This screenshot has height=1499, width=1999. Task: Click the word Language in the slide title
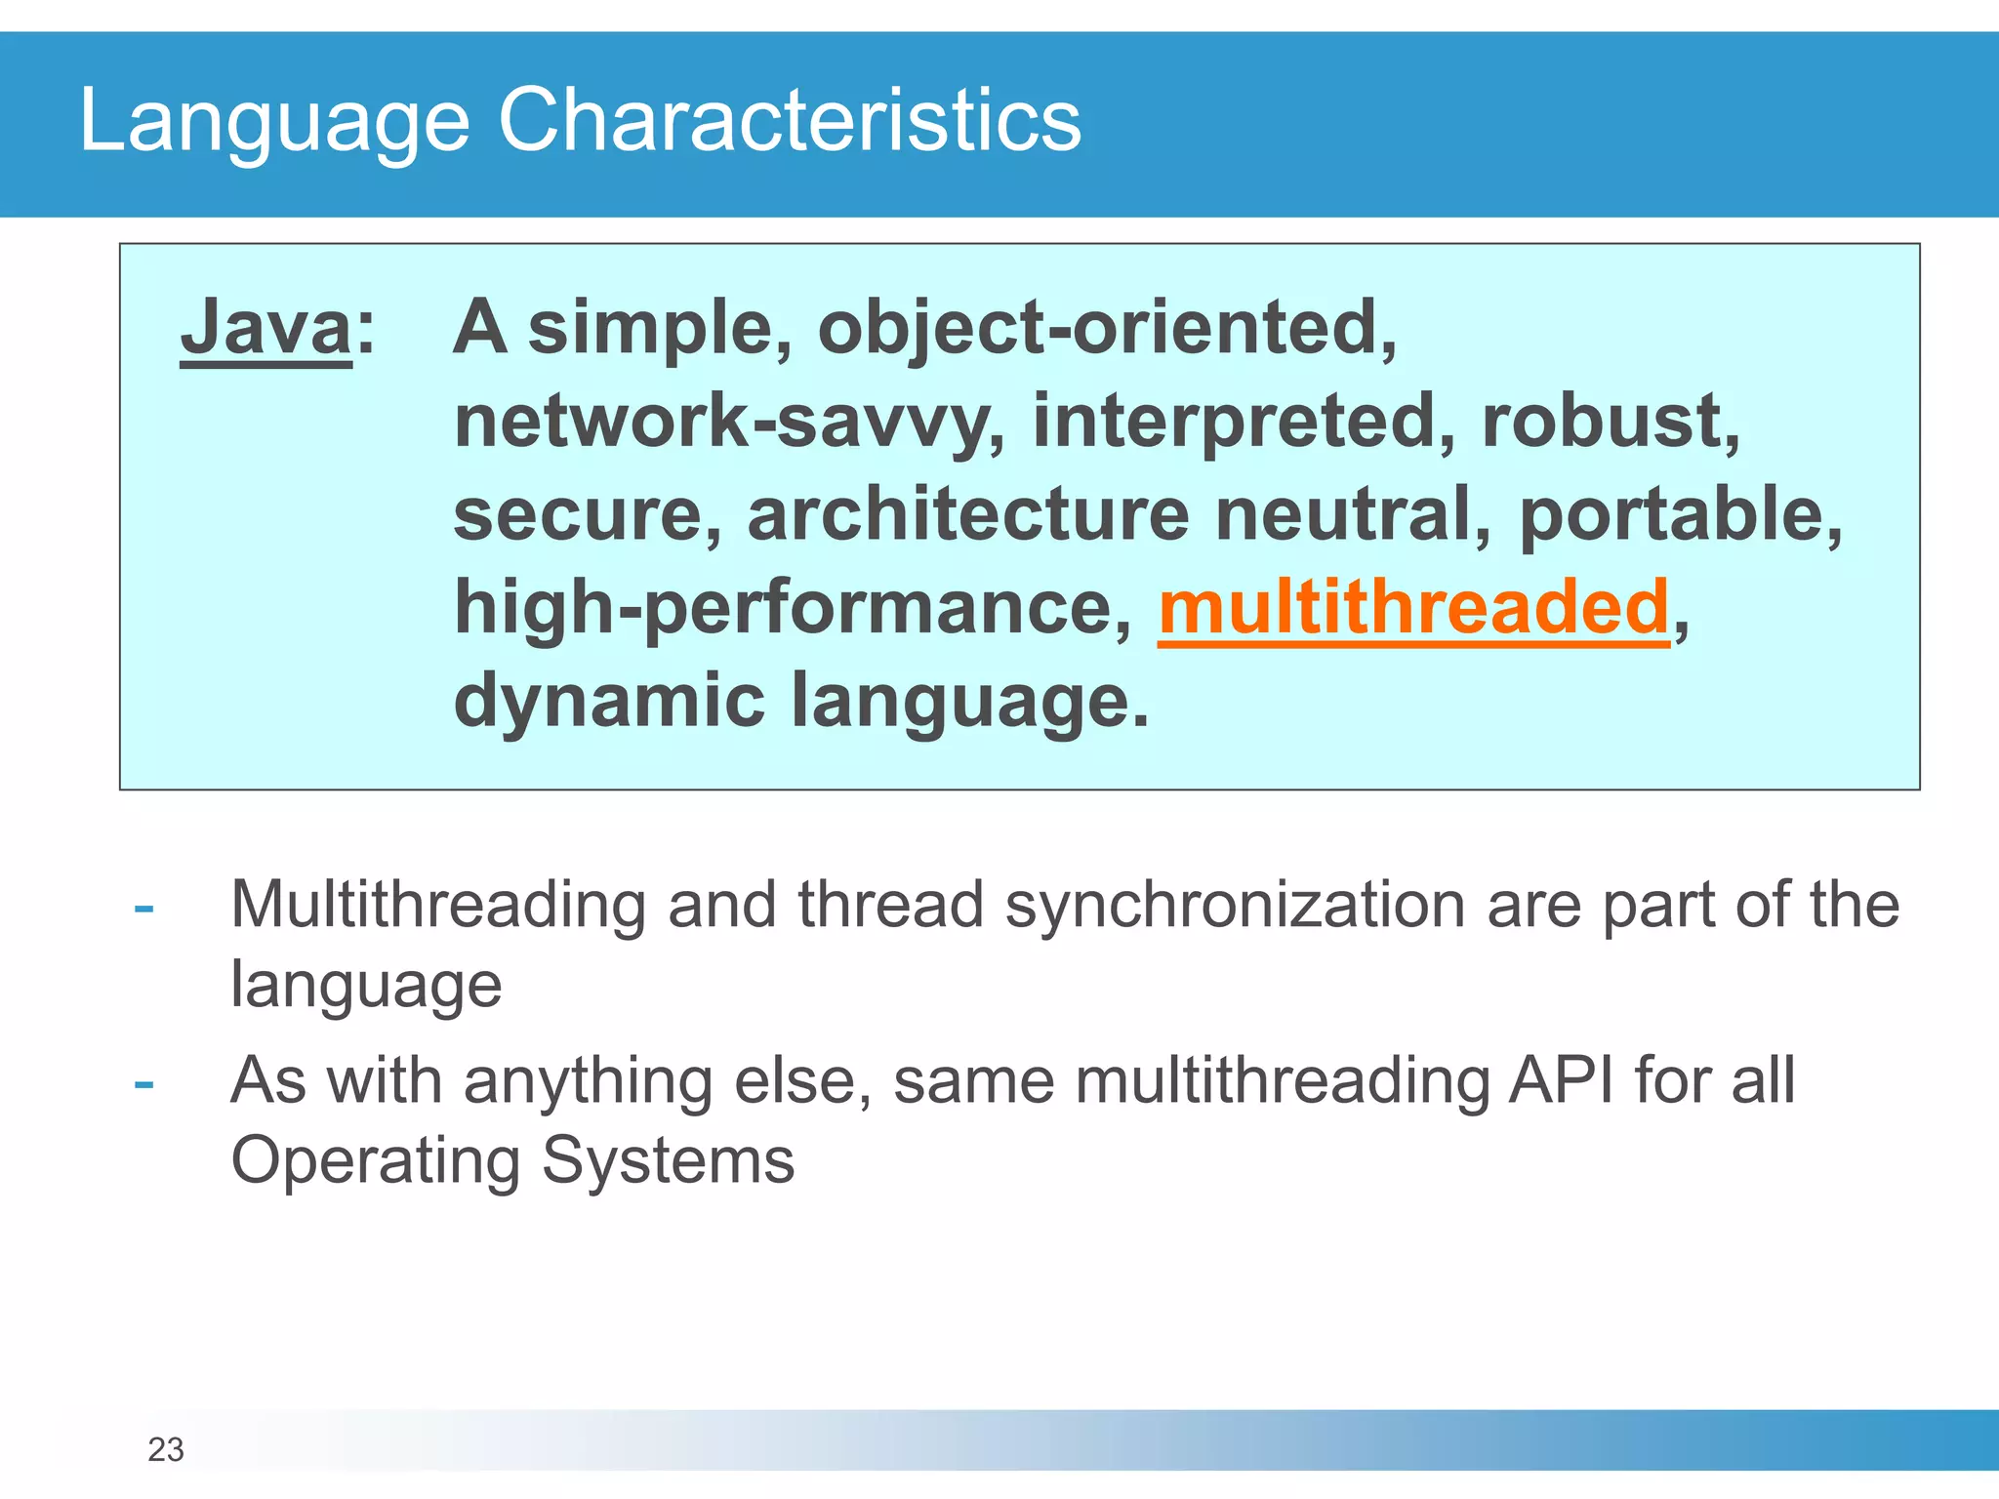click(274, 120)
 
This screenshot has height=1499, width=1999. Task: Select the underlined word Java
click(265, 328)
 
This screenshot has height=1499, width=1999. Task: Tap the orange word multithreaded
click(1413, 607)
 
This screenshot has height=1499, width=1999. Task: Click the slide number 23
click(166, 1450)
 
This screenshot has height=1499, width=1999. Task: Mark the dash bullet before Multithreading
click(144, 909)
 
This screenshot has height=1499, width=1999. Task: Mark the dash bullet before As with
click(144, 1084)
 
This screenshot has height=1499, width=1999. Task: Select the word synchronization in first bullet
click(1236, 905)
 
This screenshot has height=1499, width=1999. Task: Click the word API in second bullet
click(1561, 1081)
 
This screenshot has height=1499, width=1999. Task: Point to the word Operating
click(376, 1161)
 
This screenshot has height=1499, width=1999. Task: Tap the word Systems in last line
click(668, 1161)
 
